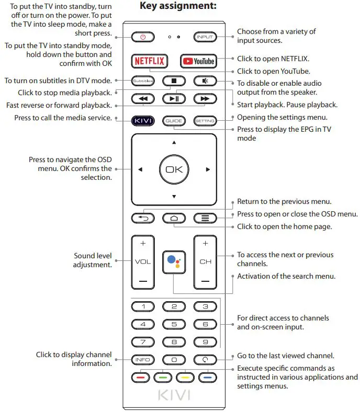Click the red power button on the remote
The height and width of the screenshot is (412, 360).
click(x=143, y=37)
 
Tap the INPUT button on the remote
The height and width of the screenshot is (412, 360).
click(x=205, y=37)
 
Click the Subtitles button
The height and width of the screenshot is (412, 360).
click(x=142, y=81)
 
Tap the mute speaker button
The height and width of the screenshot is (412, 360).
click(x=205, y=81)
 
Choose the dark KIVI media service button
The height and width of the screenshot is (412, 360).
click(x=142, y=121)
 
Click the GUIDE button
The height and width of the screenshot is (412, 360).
click(x=174, y=121)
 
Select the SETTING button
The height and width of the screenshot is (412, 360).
click(x=205, y=121)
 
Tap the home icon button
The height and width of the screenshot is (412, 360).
click(x=174, y=218)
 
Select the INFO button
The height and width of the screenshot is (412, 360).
click(x=142, y=360)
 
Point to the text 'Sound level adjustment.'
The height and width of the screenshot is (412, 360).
click(x=93, y=260)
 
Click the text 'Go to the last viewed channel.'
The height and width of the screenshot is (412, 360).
click(x=286, y=356)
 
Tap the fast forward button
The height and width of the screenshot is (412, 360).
click(x=205, y=98)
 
